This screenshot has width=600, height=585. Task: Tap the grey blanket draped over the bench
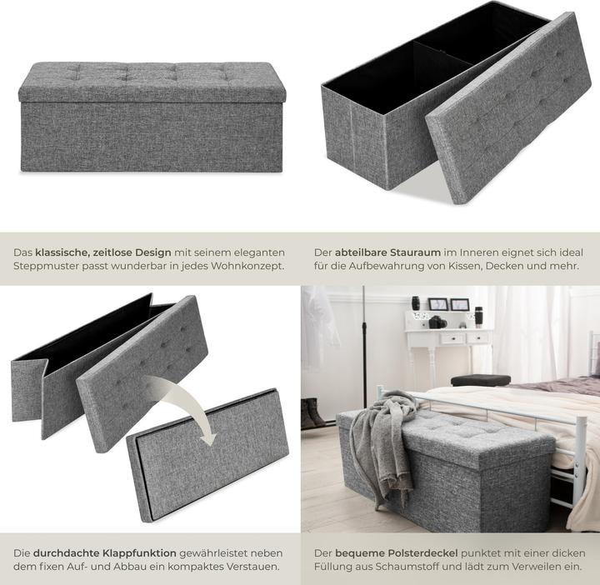click(382, 440)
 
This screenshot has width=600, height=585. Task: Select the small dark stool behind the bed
click(481, 380)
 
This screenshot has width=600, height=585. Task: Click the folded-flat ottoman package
click(207, 455)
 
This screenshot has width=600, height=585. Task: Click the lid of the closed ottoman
click(152, 82)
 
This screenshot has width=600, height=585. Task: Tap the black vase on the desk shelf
click(416, 303)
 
